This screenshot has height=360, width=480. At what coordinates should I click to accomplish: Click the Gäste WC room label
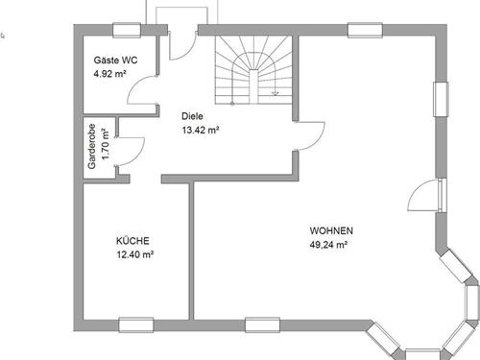coord(114,60)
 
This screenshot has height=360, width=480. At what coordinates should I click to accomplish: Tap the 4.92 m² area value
coord(109,74)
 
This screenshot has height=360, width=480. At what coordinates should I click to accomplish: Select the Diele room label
coord(192,116)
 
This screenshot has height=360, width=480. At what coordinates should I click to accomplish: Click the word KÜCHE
coord(132,241)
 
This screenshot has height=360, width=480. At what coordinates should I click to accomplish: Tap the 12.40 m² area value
coord(135,254)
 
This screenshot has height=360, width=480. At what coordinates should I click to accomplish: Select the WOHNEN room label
coord(331,230)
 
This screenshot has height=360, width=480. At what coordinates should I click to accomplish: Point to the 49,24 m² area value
coord(328,245)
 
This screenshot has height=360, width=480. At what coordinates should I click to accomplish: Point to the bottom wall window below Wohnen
coord(260,324)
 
